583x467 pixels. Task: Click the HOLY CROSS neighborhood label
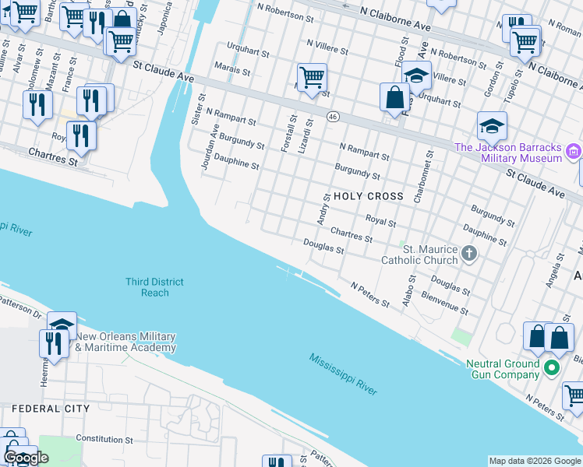click(x=368, y=196)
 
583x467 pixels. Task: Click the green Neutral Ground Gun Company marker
click(x=553, y=368)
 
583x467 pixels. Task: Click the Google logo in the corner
click(x=26, y=458)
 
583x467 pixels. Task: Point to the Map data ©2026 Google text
click(x=535, y=461)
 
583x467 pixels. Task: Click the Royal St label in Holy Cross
click(x=381, y=221)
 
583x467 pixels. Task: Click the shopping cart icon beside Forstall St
click(x=311, y=78)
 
